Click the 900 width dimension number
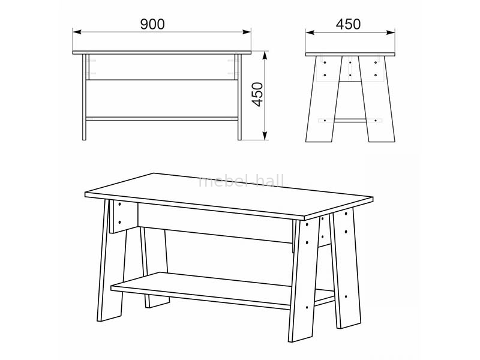pos(152,24)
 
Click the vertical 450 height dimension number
pos(257,94)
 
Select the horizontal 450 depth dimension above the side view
pos(349,24)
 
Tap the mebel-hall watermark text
pos(241,181)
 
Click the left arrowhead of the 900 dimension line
pos(77,32)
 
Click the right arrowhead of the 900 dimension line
pos(247,32)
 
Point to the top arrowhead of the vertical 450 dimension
pos(265,55)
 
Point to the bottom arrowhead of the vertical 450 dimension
pos(265,136)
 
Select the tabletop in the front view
pos(162,53)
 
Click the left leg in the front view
pos(84,97)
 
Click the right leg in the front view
pos(239,97)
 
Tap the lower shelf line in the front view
pos(162,119)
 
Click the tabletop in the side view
pos(350,54)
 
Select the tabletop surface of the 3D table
pos(229,195)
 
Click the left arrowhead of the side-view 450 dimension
pos(310,32)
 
